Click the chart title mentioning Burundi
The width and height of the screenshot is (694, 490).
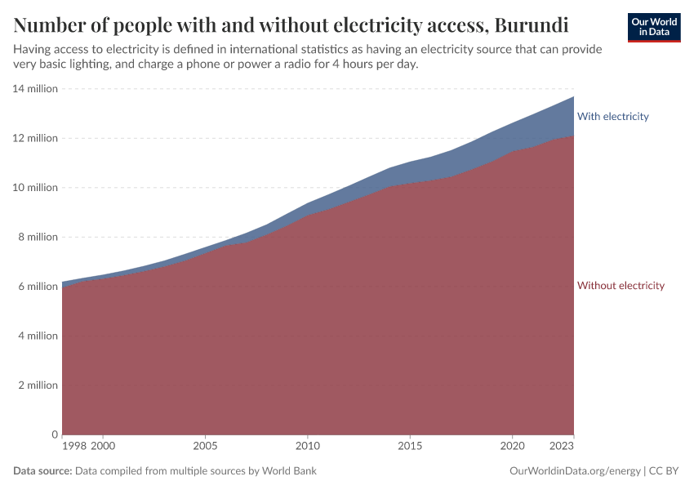(x=291, y=22)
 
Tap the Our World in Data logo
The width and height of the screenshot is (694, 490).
(x=653, y=27)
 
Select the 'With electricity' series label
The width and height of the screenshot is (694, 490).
(x=612, y=117)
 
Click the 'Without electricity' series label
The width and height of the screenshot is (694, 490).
(x=621, y=286)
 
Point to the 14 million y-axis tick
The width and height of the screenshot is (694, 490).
(x=36, y=89)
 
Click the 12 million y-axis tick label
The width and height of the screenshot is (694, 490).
(x=36, y=138)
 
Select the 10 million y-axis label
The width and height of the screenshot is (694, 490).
(x=36, y=188)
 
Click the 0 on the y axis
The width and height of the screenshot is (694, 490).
(x=55, y=434)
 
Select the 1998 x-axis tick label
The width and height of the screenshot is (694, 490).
(x=73, y=447)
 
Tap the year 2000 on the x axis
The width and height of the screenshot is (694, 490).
(x=103, y=447)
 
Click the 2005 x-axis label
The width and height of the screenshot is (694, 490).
(x=205, y=447)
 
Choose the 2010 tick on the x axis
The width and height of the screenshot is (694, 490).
(x=307, y=447)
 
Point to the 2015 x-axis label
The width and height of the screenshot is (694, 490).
(x=410, y=447)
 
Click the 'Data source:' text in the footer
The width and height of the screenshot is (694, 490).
(x=42, y=471)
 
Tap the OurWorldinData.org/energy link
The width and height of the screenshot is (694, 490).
(x=574, y=471)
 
